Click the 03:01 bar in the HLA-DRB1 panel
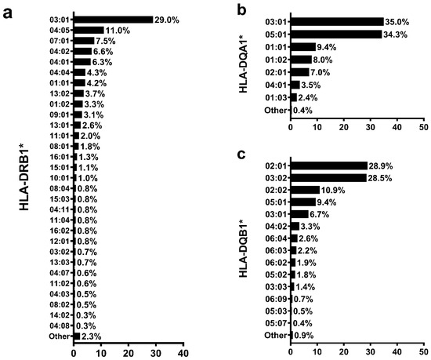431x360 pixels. (x=113, y=20)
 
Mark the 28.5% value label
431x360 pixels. (x=380, y=178)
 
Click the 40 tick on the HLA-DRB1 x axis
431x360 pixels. (x=183, y=353)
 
